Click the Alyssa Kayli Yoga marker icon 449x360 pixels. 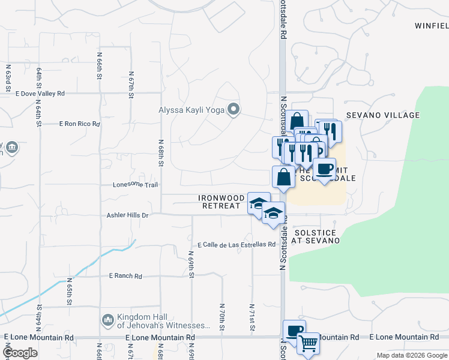[234, 109]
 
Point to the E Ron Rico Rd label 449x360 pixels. [79, 124]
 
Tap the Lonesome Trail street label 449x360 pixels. [135, 185]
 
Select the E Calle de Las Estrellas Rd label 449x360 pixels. [237, 245]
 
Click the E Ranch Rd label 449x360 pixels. [125, 276]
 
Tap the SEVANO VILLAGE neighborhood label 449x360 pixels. [382, 115]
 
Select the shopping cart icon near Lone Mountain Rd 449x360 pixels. [308, 344]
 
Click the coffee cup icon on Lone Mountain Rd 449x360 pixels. [294, 331]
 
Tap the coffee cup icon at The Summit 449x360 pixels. [324, 169]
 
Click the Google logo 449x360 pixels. [20, 353]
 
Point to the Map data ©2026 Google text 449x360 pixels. [411, 355]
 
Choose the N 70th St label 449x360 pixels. [221, 316]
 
